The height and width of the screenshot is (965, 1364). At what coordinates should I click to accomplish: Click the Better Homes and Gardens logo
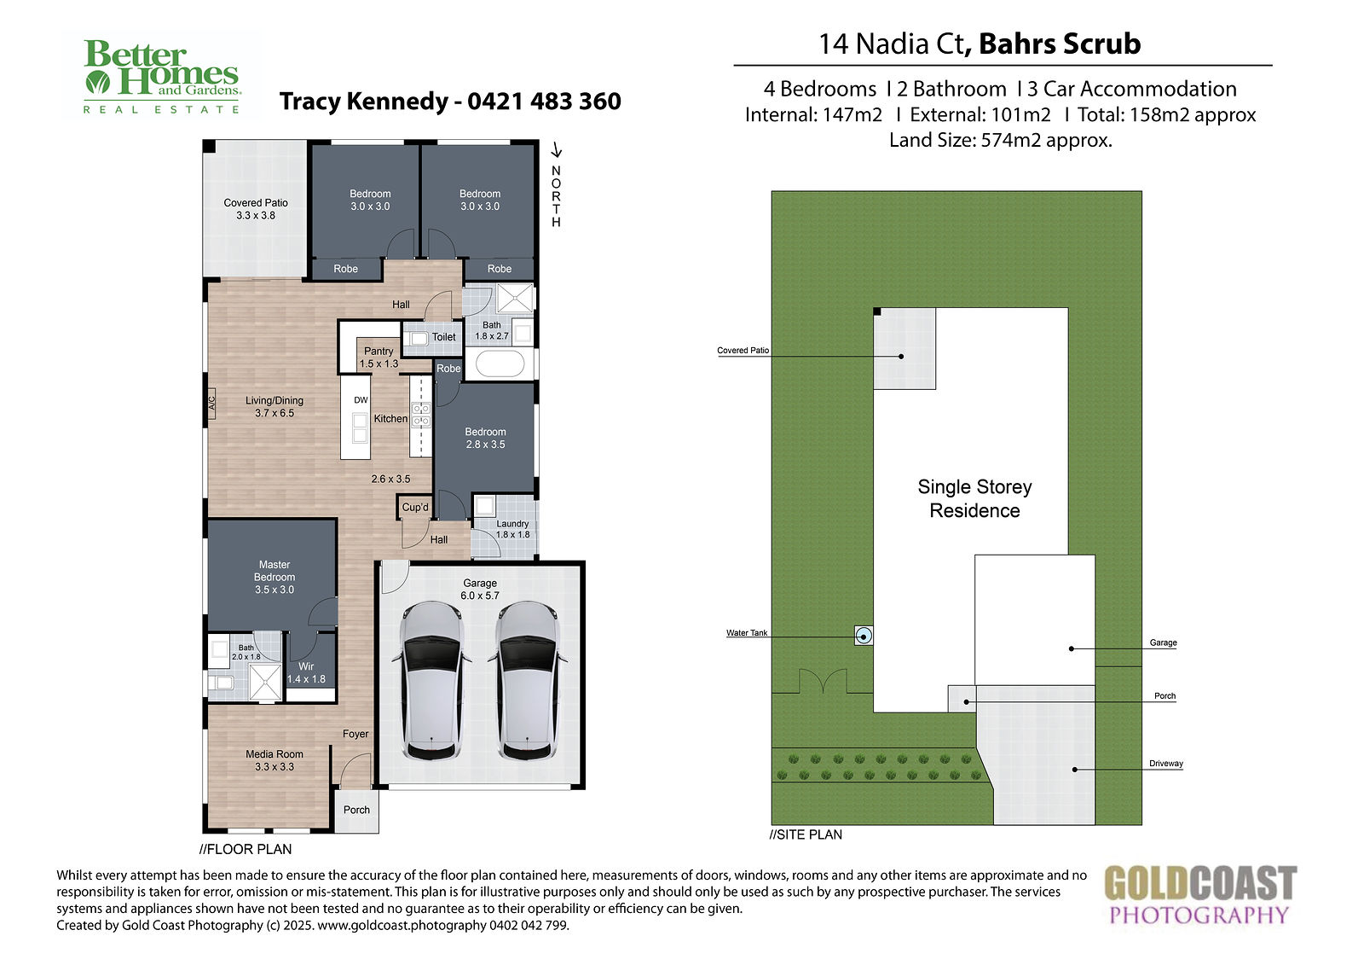point(162,77)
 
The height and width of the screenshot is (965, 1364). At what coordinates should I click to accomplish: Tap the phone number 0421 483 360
point(544,102)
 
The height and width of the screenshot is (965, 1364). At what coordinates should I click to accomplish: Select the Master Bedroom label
point(274,577)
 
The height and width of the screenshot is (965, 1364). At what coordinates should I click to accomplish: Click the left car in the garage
point(432,680)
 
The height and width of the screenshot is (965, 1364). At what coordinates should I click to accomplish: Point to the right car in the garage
point(527,680)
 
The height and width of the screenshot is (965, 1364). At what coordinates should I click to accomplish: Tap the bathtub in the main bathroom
point(500,364)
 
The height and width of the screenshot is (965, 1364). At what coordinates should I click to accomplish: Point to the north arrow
point(556,150)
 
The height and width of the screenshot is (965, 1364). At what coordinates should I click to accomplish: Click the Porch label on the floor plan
point(356,810)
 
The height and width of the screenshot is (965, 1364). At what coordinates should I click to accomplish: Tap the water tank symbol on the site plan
point(863,636)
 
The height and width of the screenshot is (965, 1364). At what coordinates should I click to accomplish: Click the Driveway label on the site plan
point(1165,764)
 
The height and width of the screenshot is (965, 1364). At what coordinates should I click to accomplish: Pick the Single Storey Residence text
point(974,498)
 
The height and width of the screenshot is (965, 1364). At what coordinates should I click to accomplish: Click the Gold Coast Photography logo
point(1199,894)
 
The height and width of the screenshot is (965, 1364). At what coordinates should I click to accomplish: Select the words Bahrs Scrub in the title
point(1060,44)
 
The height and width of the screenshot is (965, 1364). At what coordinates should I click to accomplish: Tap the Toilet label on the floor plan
point(444,337)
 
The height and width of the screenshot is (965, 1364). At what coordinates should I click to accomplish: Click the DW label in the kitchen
point(361,400)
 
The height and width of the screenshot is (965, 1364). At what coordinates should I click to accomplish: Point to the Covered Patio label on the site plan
point(743,351)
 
